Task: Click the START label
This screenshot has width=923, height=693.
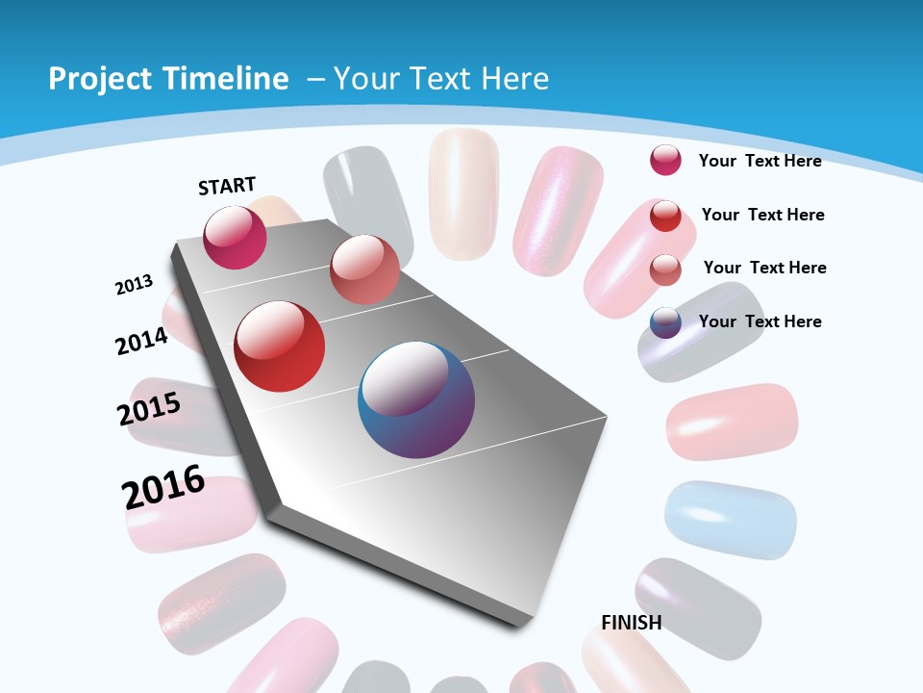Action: [x=227, y=186]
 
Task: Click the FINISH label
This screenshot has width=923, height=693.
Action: [x=632, y=623]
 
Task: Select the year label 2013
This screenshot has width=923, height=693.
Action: [x=134, y=285]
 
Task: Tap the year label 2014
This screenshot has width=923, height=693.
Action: [x=141, y=342]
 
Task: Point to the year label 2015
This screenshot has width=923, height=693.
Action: [x=149, y=409]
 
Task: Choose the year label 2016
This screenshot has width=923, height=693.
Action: [x=163, y=487]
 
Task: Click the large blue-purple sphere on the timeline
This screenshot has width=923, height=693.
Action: [x=416, y=399]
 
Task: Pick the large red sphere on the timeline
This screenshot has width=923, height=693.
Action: [x=280, y=346]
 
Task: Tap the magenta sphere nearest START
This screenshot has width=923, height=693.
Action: [x=235, y=237]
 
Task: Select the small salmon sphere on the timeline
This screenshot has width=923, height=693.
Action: [x=364, y=269]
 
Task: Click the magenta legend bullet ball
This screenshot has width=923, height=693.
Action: [x=665, y=160]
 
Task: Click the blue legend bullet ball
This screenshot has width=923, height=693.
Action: [x=665, y=322]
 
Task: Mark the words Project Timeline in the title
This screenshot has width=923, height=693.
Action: [x=168, y=79]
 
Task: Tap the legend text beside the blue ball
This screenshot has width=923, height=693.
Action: [x=761, y=321]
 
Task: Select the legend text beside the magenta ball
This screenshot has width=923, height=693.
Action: [x=761, y=161]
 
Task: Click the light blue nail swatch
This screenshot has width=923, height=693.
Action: [x=731, y=520]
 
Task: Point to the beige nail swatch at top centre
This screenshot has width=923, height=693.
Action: [x=463, y=192]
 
